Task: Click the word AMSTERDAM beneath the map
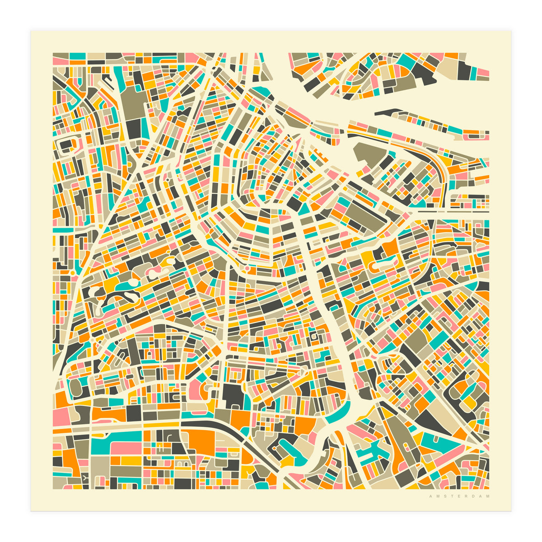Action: pos(459,496)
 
